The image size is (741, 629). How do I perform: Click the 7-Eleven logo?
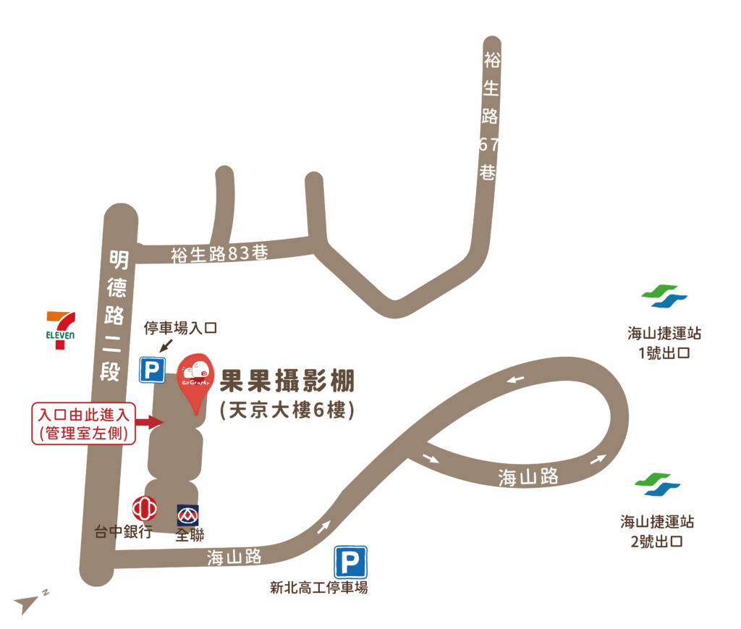tap(61, 330)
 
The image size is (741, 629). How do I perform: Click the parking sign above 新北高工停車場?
tap(350, 562)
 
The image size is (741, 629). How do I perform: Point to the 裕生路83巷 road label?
tap(219, 254)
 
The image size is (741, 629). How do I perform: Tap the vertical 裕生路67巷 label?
tap(490, 117)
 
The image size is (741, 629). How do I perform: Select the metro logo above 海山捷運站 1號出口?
tap(664, 297)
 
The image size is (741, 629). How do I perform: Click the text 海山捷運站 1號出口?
tap(664, 343)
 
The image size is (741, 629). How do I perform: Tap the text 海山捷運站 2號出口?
tap(657, 531)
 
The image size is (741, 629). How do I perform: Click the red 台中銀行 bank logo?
tap(144, 507)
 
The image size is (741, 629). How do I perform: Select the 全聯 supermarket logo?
tap(189, 515)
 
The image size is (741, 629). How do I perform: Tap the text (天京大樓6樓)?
tap(287, 410)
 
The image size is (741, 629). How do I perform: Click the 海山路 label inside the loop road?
tap(528, 476)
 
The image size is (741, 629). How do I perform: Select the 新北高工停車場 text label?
tap(318, 588)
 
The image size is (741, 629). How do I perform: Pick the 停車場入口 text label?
tap(180, 329)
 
